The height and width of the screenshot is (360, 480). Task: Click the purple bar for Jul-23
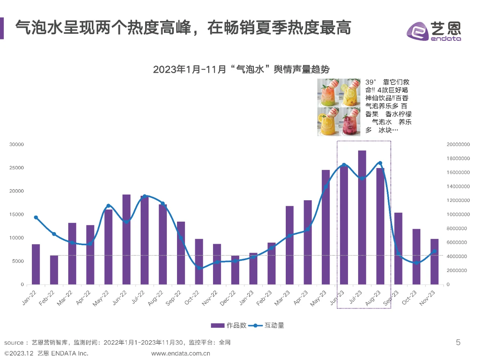tap(362, 217)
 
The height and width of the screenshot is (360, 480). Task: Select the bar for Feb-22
tap(54, 270)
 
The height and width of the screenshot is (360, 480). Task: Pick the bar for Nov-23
tap(434, 262)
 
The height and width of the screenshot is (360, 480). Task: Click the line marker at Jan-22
tap(36, 217)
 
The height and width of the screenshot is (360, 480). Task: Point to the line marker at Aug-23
tap(380, 163)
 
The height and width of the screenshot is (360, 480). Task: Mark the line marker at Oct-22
tap(199, 268)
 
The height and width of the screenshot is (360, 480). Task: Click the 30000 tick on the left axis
tap(16, 144)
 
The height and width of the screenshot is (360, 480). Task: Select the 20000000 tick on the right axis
tap(458, 144)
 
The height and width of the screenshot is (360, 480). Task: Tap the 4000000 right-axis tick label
tap(456, 256)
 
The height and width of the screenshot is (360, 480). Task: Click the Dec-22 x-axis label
tap(228, 298)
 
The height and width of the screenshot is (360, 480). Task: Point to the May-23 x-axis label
tap(318, 298)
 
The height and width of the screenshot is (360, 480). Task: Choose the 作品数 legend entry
tap(229, 325)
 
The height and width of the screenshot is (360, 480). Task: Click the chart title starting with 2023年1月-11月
tap(241, 69)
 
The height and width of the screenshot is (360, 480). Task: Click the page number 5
tap(458, 342)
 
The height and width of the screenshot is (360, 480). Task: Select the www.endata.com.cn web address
tap(180, 353)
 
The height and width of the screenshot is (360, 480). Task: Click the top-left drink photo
tap(328, 93)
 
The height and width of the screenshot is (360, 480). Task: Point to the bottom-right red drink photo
tap(349, 121)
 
